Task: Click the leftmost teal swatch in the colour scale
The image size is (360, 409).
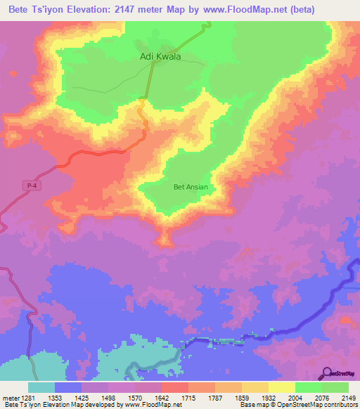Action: (x=41, y=387)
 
